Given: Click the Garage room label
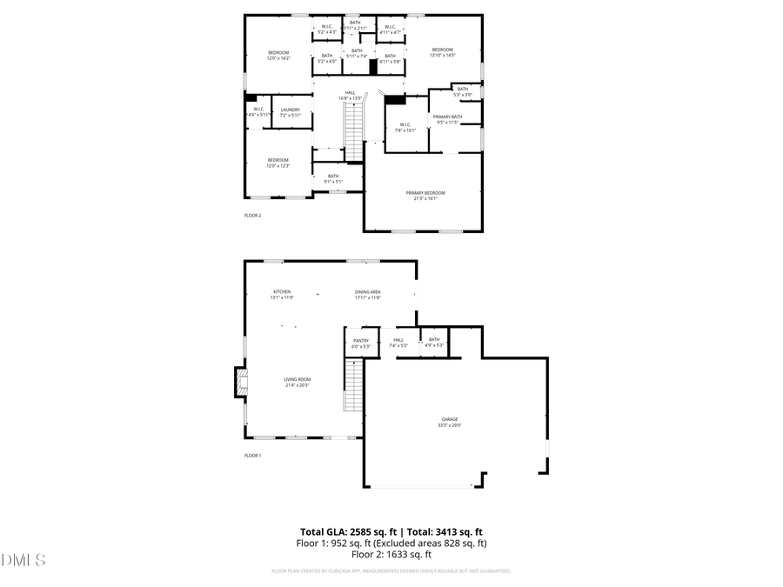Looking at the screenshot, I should coord(449,422).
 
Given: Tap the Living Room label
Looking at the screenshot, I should coord(297,382).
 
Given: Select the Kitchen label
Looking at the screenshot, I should coord(282,294).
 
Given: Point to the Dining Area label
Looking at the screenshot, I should coord(367,294).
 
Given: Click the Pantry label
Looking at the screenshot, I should coord(360,343).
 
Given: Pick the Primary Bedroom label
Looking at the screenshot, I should coord(425,195).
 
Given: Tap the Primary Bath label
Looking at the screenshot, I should coord(447,119).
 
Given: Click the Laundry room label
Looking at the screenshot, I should coord(290,112).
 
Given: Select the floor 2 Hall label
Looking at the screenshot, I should coord(350,95).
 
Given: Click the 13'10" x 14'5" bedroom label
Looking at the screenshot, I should coord(443,52).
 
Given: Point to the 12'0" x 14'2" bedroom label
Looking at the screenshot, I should coord(278,56).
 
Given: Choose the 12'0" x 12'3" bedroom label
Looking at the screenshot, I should coord(278,163).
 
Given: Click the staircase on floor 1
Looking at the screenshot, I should coord(352,386).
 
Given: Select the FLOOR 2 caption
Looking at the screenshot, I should coord(252,215).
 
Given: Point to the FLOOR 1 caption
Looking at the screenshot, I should coord(252,455).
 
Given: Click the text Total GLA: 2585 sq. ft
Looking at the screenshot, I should coord(348,531).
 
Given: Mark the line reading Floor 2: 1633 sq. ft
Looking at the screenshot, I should coord(391,554).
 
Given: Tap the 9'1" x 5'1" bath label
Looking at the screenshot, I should coord(332,178).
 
